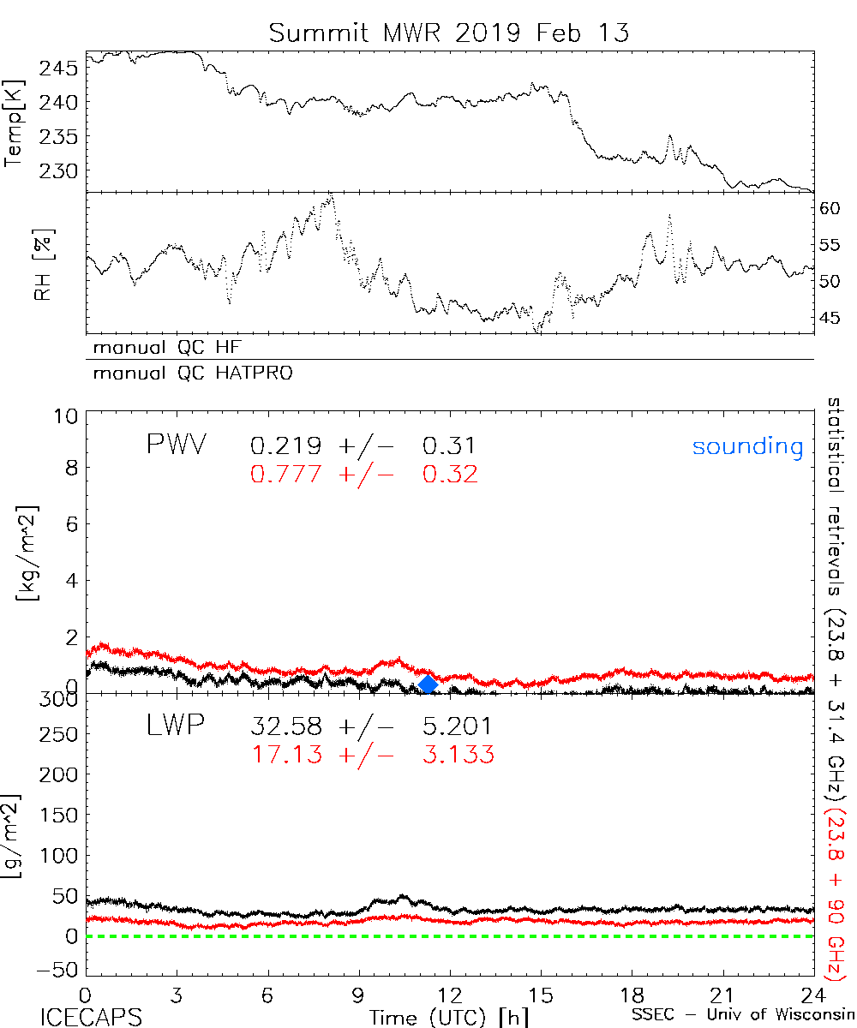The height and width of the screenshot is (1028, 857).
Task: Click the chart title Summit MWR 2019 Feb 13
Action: point(449,33)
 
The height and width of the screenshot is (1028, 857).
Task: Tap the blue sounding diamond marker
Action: point(428,684)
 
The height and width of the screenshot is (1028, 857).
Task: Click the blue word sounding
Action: point(747,446)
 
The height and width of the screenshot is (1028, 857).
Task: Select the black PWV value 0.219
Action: point(286,445)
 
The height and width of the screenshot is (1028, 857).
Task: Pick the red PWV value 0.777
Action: point(286,474)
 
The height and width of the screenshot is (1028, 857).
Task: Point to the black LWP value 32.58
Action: point(286,727)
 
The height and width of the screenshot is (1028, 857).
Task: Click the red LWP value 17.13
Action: point(286,754)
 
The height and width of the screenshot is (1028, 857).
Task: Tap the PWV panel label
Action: point(177,445)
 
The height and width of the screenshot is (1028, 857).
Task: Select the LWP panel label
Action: point(175,727)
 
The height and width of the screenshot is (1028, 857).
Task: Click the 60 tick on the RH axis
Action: point(830,208)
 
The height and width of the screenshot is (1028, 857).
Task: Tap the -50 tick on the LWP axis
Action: point(58,970)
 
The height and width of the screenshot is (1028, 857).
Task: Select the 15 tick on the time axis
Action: point(540,995)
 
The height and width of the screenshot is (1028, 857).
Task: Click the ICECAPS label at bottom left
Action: point(91,1018)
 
